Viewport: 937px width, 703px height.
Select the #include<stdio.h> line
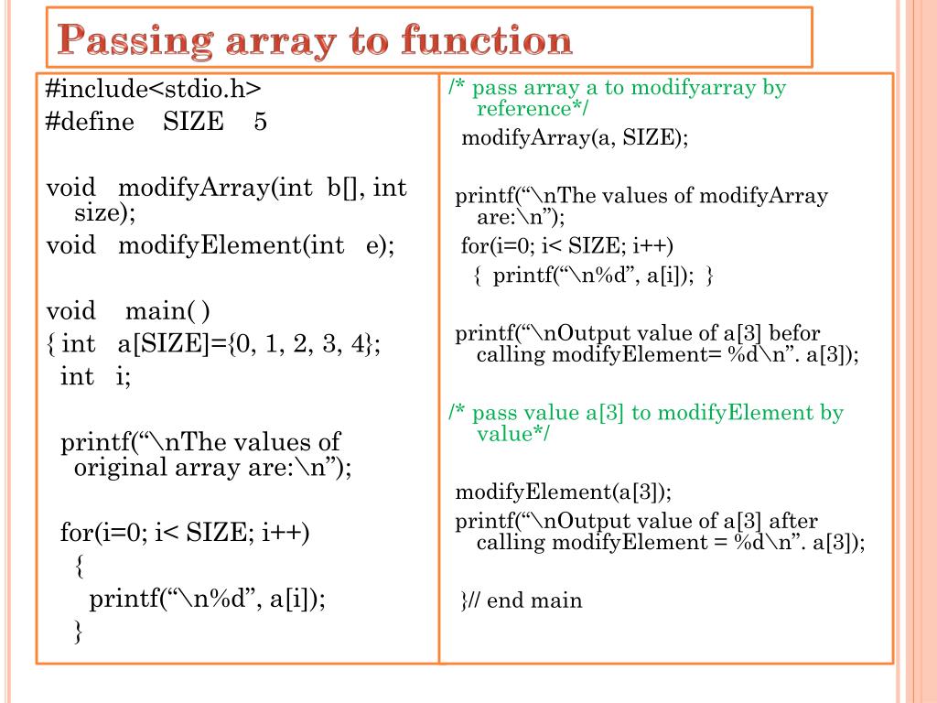click(x=154, y=89)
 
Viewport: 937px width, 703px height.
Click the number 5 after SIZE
click(x=261, y=123)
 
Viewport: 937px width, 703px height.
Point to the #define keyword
click(x=90, y=123)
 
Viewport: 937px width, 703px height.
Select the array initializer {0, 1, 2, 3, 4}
click(x=302, y=344)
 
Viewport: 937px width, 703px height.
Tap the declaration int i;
click(x=95, y=376)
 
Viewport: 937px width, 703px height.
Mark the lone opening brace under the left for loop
click(x=79, y=567)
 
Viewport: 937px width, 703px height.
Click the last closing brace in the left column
click(x=79, y=632)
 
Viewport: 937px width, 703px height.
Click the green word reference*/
click(x=533, y=110)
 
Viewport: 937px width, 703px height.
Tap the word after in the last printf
click(x=792, y=521)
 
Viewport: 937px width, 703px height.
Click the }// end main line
click(x=521, y=600)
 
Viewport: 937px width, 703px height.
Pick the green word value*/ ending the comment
click(x=514, y=434)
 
